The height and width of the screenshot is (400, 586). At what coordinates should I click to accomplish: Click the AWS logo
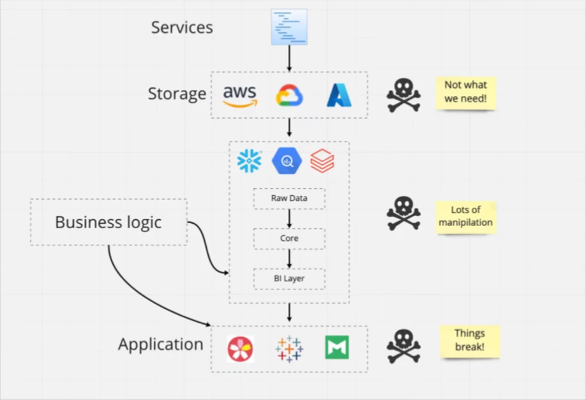(x=240, y=96)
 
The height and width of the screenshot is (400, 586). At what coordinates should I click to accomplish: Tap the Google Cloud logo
(x=290, y=96)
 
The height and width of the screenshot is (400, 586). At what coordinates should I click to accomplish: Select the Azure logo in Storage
(x=339, y=96)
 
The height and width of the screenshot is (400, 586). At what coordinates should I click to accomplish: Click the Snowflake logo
(x=250, y=161)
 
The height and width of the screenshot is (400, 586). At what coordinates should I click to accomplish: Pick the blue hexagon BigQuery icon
(x=287, y=161)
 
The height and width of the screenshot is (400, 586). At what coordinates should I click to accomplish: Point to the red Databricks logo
(x=322, y=161)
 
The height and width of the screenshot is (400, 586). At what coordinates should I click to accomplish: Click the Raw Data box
(x=289, y=199)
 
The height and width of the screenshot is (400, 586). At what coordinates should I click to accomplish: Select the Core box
(x=289, y=239)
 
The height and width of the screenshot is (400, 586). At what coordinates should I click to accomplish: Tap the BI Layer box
(x=289, y=279)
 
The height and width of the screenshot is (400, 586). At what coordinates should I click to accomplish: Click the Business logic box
(x=109, y=222)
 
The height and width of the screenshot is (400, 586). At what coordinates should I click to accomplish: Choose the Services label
(x=182, y=27)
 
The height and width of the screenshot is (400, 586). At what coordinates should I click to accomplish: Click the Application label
(x=160, y=344)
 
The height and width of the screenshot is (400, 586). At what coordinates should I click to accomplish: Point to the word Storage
(x=177, y=94)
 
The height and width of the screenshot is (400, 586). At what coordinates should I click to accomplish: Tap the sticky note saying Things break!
(x=470, y=340)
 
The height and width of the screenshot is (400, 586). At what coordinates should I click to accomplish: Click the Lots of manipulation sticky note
(x=466, y=216)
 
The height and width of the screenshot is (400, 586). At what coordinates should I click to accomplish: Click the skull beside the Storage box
(x=403, y=94)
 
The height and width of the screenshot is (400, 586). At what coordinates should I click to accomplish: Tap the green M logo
(x=337, y=347)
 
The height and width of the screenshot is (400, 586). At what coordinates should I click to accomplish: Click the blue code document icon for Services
(x=289, y=26)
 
